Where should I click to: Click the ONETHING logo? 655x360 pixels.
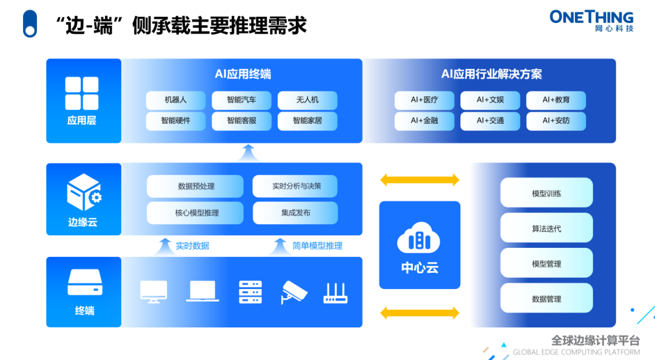(x=591, y=21)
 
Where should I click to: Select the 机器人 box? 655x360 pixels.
(x=175, y=100)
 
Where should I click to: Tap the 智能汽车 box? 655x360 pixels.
(x=241, y=100)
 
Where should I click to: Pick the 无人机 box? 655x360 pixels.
(x=307, y=100)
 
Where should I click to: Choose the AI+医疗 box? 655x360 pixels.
(x=425, y=100)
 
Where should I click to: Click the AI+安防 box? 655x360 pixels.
(x=556, y=121)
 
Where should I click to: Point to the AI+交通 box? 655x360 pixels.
(x=490, y=121)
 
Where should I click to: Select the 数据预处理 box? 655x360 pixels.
(x=195, y=186)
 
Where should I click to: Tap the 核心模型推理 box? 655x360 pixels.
(x=195, y=213)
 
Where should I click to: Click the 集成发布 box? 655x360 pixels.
(x=295, y=213)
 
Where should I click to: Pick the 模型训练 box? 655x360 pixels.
(x=546, y=193)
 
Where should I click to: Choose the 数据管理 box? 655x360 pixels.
(x=546, y=298)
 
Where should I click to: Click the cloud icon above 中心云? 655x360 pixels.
(x=418, y=238)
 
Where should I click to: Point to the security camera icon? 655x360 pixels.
(x=294, y=292)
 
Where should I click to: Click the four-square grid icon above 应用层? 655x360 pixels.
(x=82, y=93)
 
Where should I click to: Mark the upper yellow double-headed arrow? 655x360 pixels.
(x=420, y=180)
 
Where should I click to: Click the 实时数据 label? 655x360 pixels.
(x=192, y=246)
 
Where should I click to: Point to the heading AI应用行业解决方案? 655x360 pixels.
(x=491, y=75)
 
